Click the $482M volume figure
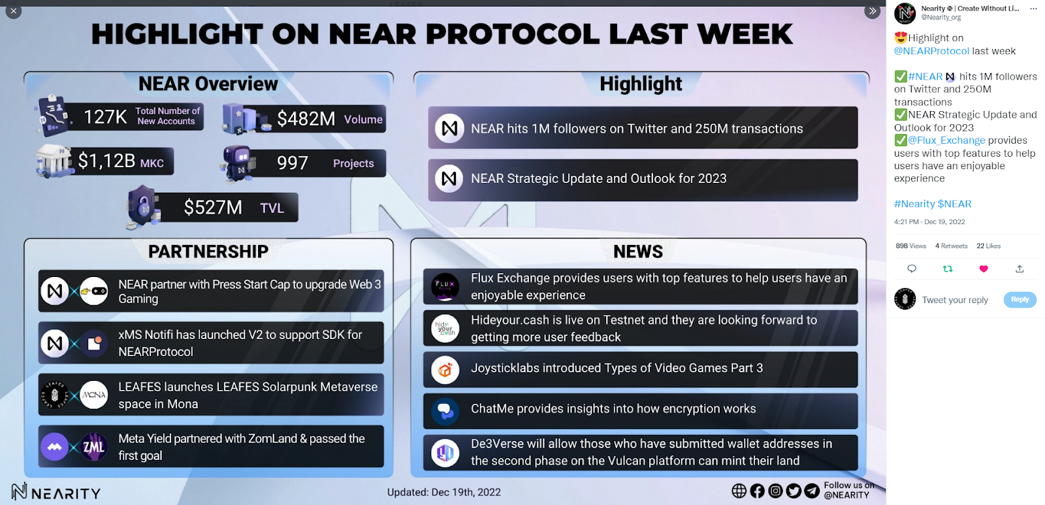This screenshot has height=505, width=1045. point(306,118)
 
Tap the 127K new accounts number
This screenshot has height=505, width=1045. point(105,117)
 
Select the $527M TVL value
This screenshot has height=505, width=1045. point(213,207)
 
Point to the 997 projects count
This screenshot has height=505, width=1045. point(293,163)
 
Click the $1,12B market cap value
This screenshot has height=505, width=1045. point(106,161)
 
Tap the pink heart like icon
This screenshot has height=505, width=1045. point(984,269)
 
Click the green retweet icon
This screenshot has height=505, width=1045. point(948,269)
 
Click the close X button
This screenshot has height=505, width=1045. point(14,10)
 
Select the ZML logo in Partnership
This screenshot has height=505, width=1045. point(94,447)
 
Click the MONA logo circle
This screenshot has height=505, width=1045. point(94,395)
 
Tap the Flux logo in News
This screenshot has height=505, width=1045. point(445,287)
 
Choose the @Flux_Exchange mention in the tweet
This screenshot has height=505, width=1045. point(946,140)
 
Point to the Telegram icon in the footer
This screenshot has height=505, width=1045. point(812,491)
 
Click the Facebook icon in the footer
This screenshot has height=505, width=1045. point(757,491)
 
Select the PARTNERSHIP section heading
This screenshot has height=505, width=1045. point(208,252)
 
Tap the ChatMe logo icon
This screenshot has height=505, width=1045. point(445,411)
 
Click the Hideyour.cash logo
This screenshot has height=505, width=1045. point(445,328)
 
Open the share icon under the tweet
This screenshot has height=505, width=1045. point(1020,269)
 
